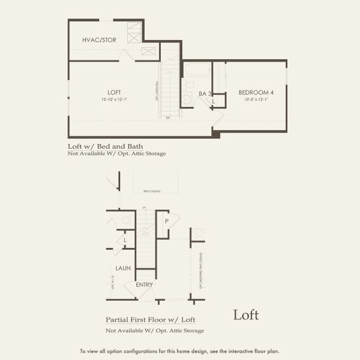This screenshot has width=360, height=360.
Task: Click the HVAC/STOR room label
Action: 99,40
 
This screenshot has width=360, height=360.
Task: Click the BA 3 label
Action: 205,94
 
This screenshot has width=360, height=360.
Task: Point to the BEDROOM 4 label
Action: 256,92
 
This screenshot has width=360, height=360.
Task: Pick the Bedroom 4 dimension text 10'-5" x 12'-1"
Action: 256,99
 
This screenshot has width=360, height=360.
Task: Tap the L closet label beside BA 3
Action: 213,102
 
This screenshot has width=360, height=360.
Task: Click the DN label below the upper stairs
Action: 169,118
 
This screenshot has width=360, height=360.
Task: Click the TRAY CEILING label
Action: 151,191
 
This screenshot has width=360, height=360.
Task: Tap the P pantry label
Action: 166,221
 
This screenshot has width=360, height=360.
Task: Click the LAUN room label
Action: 124,268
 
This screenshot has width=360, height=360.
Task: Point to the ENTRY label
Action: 144,284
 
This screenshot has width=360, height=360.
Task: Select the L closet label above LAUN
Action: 124,241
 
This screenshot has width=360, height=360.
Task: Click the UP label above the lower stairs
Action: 144,208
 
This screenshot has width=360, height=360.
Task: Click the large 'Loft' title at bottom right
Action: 245,314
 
